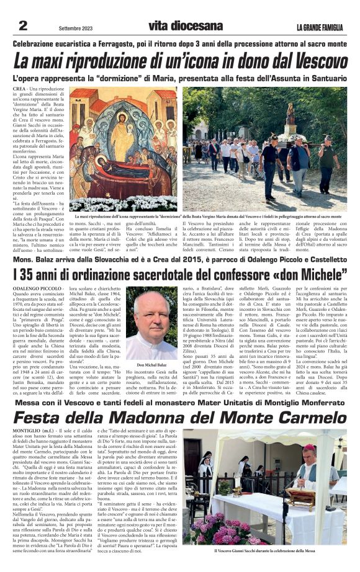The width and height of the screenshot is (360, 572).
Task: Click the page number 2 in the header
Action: (23, 25)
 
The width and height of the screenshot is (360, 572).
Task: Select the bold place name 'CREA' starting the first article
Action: (19, 90)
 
